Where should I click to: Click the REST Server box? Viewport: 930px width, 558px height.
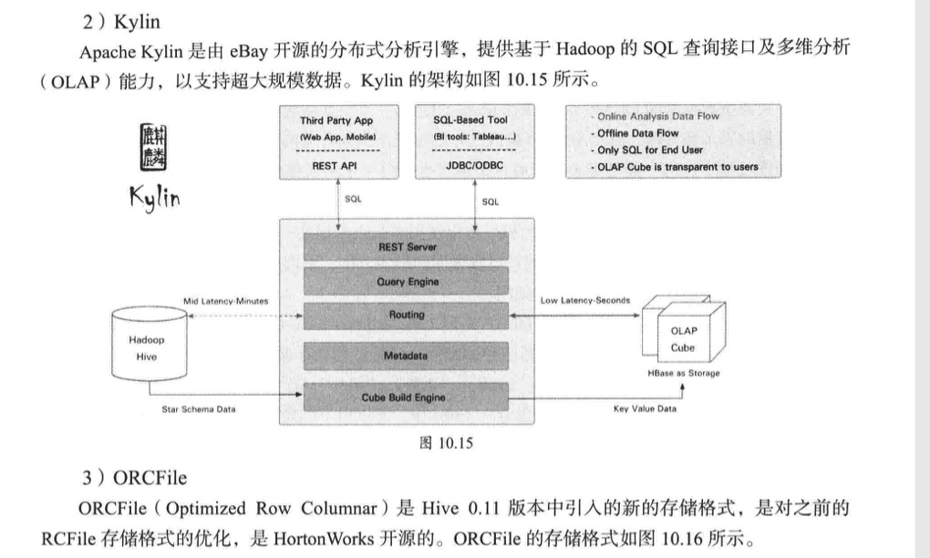[407, 247]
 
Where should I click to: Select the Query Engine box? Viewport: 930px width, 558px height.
[407, 281]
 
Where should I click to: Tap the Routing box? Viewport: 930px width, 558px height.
[407, 315]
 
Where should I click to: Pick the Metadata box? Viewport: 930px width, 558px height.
[407, 356]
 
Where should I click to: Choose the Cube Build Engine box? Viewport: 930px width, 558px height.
[407, 398]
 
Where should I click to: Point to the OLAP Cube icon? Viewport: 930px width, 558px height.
[684, 328]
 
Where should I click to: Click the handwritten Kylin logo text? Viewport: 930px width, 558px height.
[155, 198]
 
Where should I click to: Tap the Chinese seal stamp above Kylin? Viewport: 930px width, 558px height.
[153, 147]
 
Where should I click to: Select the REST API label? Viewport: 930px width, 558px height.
[335, 166]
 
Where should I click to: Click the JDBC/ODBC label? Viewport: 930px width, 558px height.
[474, 165]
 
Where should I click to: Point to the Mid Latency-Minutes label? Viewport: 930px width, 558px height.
[225, 301]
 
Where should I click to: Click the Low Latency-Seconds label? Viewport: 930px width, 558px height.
[584, 301]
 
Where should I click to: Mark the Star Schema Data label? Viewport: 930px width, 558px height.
[199, 409]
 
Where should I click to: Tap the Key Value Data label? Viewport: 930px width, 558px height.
[645, 408]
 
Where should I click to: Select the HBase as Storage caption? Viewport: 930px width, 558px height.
[683, 373]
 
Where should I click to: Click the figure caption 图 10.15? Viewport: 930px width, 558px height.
[446, 443]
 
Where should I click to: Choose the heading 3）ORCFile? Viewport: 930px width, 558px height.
[135, 478]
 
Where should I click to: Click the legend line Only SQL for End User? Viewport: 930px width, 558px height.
[646, 150]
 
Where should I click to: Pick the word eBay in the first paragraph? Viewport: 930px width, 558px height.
[249, 51]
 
